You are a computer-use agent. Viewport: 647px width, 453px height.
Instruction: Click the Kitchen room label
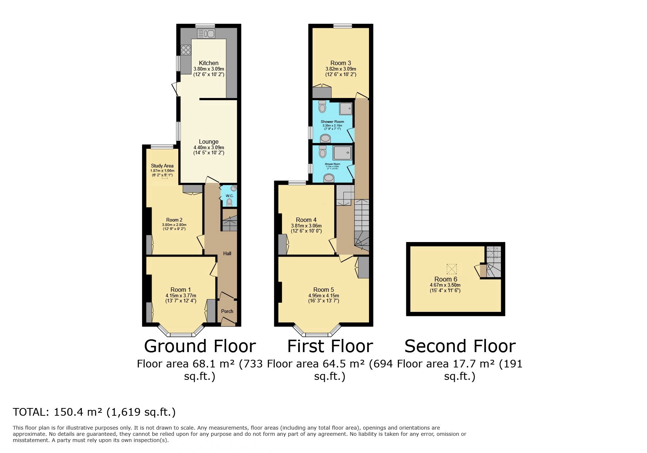209,63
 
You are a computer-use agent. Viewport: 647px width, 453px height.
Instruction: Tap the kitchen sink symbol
206,34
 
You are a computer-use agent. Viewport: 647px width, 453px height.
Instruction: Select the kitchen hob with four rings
186,50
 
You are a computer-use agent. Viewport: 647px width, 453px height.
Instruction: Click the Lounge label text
209,141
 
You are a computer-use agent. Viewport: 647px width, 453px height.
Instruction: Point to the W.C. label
229,196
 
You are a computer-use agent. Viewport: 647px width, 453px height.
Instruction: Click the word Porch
227,311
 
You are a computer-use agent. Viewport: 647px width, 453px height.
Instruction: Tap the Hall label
227,253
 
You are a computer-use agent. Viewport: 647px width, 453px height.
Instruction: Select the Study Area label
162,166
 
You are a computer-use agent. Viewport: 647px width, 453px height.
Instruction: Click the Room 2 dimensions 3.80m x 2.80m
174,225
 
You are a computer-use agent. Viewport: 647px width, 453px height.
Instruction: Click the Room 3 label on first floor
340,63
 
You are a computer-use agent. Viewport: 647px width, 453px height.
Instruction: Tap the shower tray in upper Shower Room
346,108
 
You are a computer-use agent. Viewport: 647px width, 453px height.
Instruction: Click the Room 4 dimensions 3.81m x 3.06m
306,226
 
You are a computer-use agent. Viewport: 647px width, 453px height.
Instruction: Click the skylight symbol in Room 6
452,269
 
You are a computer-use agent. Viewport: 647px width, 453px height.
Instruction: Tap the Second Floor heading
460,346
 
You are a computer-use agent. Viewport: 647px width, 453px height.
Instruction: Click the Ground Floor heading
200,346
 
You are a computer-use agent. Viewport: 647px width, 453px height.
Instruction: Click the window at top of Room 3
343,26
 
